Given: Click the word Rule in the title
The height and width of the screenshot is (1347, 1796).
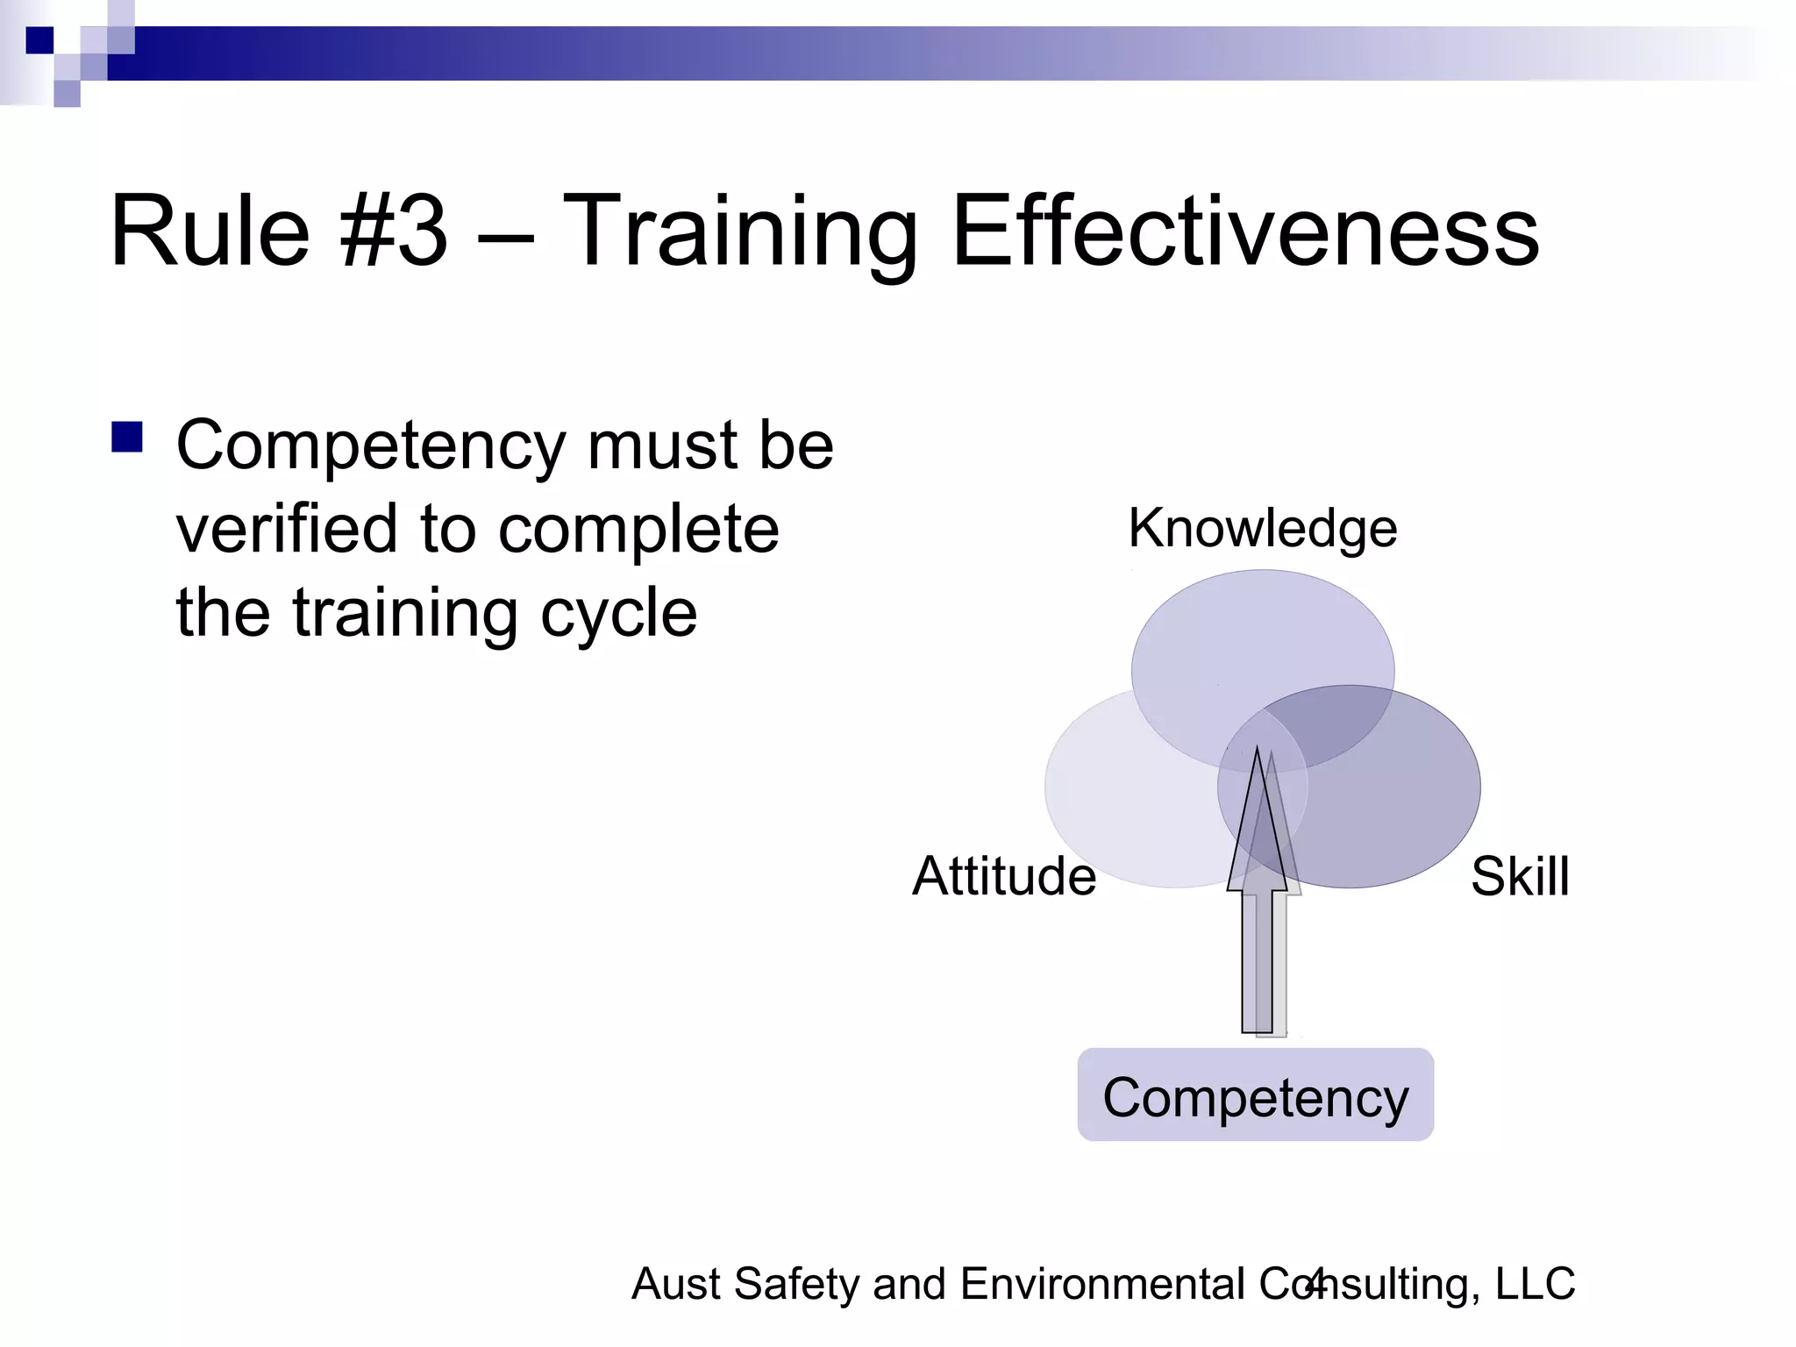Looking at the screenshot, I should click(x=210, y=232).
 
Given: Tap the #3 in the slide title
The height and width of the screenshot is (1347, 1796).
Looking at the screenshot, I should click(x=395, y=232).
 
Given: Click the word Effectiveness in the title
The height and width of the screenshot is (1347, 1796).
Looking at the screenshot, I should click(x=1245, y=232).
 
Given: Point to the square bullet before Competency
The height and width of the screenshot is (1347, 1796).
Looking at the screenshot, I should click(x=127, y=437).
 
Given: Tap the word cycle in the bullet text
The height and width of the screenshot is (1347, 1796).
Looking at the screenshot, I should click(x=618, y=614).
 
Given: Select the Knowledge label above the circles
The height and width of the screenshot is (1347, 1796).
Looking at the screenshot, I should click(x=1263, y=529).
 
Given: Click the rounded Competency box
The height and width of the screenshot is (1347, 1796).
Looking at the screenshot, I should click(x=1255, y=1095).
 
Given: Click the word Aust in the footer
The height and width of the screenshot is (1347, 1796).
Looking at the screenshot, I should click(x=676, y=1284).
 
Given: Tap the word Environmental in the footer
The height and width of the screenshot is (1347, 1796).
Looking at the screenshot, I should click(x=1103, y=1284).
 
